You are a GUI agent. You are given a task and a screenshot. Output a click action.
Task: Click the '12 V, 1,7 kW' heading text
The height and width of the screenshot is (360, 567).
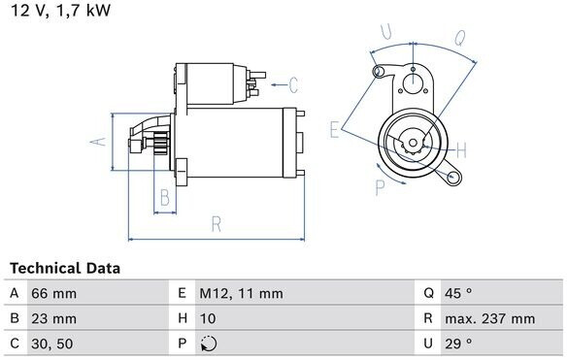click(61, 10)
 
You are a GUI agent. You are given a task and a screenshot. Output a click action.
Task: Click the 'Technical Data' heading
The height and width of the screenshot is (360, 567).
click(65, 268)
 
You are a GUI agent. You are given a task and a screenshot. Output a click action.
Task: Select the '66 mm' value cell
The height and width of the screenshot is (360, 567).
click(53, 293)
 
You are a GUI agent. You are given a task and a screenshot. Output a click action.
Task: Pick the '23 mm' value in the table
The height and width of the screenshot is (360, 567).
click(53, 318)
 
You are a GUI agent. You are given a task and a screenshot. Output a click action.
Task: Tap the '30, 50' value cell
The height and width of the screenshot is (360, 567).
click(52, 344)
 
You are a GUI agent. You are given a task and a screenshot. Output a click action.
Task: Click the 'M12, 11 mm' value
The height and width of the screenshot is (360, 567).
click(241, 293)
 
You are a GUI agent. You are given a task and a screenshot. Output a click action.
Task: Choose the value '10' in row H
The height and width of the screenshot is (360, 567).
click(208, 318)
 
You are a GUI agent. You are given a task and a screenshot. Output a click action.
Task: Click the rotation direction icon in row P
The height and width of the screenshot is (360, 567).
click(209, 344)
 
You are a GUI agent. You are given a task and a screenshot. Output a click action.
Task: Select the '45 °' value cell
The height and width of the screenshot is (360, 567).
click(458, 293)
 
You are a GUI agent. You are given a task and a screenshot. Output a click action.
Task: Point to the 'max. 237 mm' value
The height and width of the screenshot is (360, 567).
click(490, 318)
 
